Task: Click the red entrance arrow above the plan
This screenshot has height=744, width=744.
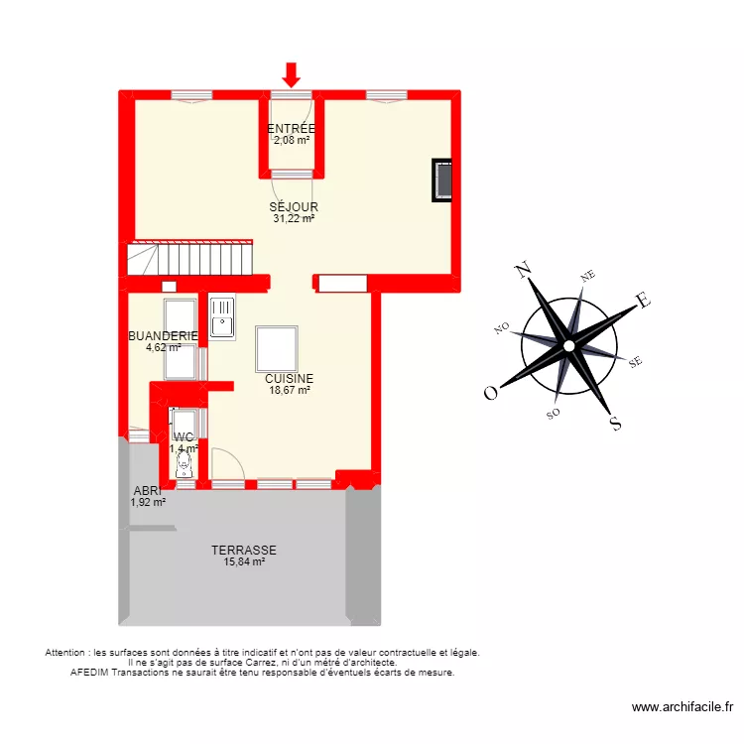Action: (291, 73)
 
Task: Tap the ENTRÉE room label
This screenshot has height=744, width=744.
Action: (292, 129)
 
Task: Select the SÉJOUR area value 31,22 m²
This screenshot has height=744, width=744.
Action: (294, 218)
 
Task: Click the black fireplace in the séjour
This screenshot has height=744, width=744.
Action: (443, 181)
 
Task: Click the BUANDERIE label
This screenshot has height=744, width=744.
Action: (163, 336)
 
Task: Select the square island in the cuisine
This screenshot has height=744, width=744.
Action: (275, 347)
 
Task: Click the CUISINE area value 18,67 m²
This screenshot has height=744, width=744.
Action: (289, 390)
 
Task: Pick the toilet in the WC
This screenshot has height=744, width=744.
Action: (184, 468)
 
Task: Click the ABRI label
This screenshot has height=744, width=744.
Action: (147, 490)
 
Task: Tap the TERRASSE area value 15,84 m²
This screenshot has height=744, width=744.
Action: (244, 562)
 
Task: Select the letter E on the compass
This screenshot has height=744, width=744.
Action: (642, 300)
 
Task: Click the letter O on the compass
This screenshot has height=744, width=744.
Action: (490, 393)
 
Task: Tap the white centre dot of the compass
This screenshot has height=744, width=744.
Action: (568, 345)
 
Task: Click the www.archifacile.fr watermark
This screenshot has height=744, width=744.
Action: (682, 707)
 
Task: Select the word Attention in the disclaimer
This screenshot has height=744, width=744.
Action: (66, 653)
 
